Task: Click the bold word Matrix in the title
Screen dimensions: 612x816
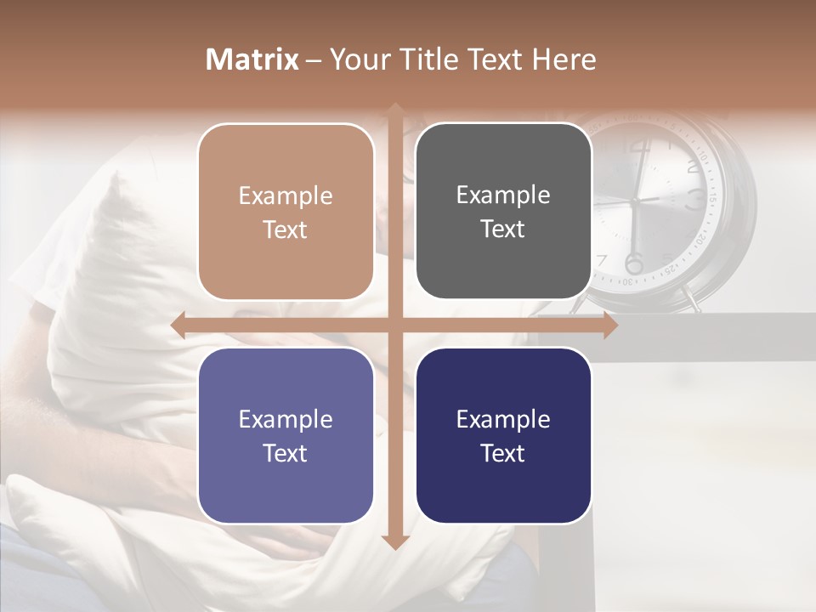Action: click(x=252, y=59)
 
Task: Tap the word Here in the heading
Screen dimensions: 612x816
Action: click(x=564, y=59)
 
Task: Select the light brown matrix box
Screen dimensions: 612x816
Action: click(x=286, y=212)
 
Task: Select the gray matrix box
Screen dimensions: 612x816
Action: click(x=503, y=212)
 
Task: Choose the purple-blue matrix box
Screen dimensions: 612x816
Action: click(x=286, y=435)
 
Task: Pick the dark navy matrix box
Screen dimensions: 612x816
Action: click(x=503, y=435)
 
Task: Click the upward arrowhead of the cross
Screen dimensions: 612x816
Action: click(x=394, y=109)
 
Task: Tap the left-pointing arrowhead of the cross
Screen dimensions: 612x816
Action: click(x=178, y=326)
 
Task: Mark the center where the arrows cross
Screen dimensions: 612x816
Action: click(x=394, y=326)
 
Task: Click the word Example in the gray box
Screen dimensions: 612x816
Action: click(x=503, y=195)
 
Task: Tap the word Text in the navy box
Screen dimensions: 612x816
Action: click(x=503, y=453)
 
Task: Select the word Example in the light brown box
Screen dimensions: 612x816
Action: click(x=286, y=195)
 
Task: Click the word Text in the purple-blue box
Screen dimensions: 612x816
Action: click(x=286, y=453)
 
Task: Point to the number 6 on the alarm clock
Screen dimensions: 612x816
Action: click(x=634, y=261)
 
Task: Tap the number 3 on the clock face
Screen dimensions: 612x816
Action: click(x=695, y=200)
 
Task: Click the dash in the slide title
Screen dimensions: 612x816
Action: click(x=314, y=60)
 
